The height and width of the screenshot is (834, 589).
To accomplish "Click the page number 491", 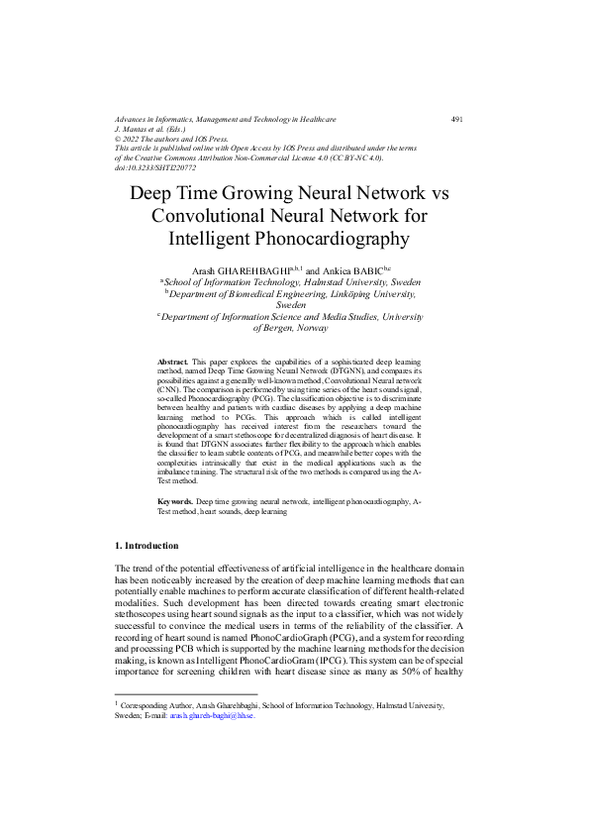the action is [x=457, y=119].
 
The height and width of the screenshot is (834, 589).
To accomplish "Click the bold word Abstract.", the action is [x=173, y=364].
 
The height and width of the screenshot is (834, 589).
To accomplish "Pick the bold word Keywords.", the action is [x=176, y=503].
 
